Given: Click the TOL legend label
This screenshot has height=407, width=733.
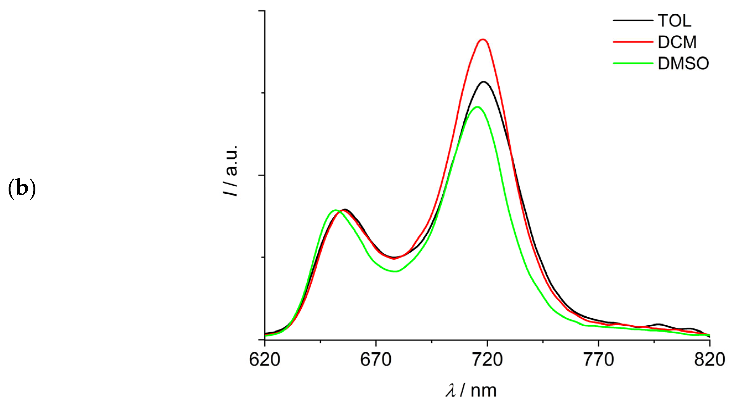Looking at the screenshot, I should click(x=674, y=21).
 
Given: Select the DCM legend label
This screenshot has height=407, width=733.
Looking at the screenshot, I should click(x=677, y=42).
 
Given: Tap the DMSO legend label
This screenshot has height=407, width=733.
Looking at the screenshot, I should click(x=683, y=64).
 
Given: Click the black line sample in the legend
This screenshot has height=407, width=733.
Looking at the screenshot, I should click(x=633, y=20).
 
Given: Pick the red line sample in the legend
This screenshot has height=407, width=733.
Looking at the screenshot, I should click(x=633, y=42).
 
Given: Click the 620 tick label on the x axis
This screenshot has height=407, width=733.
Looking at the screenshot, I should click(x=265, y=360).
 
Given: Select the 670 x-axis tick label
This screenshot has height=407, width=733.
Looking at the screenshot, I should click(x=376, y=360).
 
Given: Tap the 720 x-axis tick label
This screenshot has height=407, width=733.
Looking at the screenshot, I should click(x=487, y=360).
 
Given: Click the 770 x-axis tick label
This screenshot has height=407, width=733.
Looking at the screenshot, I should click(x=599, y=360).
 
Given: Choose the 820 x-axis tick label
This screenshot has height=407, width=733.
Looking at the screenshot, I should click(x=709, y=360).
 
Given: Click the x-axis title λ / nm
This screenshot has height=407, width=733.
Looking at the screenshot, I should click(x=471, y=390).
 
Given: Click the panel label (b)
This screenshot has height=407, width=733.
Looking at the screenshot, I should click(x=22, y=189).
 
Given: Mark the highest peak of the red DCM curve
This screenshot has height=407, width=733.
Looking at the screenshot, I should click(x=482, y=40).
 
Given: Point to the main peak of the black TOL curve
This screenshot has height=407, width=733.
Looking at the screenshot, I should click(x=483, y=82).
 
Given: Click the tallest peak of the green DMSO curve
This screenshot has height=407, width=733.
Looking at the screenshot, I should click(x=477, y=107).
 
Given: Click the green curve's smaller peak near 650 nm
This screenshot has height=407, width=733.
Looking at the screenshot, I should click(x=336, y=210).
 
